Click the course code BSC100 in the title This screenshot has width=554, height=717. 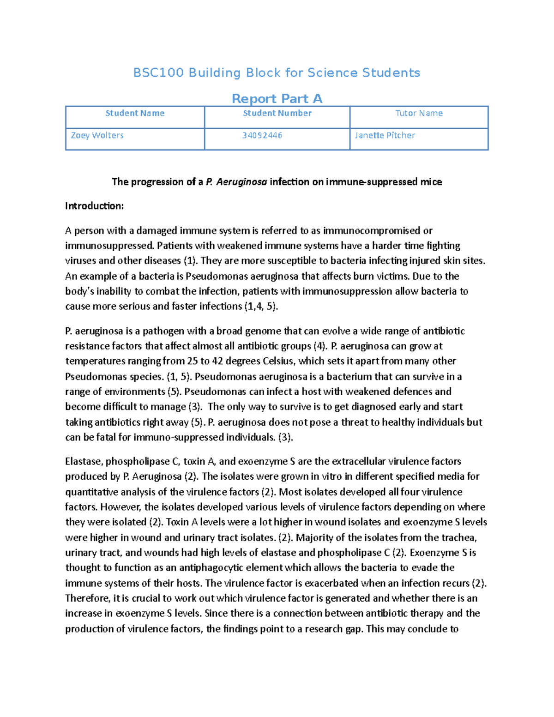[158, 73]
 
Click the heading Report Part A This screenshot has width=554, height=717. [277, 99]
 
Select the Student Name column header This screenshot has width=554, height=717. [135, 114]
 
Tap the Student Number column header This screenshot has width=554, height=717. [277, 114]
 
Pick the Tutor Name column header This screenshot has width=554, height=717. [419, 114]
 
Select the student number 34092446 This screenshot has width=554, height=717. [262, 136]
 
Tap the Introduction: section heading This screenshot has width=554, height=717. [95, 206]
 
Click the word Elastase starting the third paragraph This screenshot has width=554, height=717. [84, 462]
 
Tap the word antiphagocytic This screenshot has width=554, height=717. [211, 568]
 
